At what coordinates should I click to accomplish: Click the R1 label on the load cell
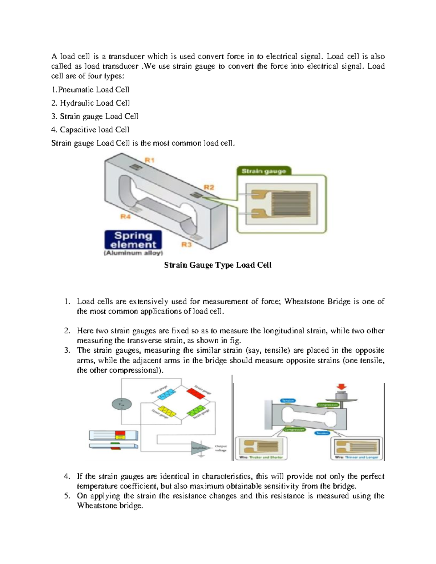pos(150,160)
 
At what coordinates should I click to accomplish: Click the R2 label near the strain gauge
pos(209,188)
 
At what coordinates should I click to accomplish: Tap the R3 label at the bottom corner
pos(186,245)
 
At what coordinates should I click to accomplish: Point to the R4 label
pos(125,216)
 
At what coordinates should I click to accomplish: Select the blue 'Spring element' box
pos(133,240)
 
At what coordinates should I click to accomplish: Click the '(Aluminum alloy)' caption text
pos(133,253)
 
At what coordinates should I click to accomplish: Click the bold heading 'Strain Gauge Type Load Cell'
pos(218,265)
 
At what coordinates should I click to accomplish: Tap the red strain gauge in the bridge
pos(197,393)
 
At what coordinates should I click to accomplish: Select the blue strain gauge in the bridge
pos(166,394)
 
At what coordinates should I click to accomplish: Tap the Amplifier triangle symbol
pos(199,448)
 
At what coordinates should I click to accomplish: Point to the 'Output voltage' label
pos(221,448)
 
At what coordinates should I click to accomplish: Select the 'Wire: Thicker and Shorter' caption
pos(261,457)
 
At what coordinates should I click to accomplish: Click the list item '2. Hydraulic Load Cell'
pos(90,103)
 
